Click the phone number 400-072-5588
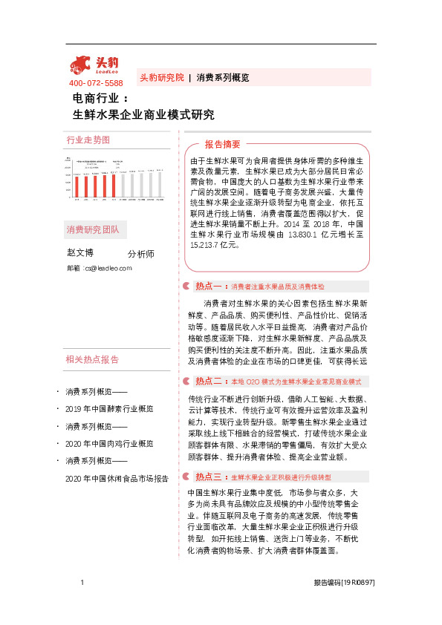pos(96,83)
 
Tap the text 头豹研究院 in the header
pos(161,77)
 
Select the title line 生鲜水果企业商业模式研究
pos(143,115)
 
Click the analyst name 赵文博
pos(80,253)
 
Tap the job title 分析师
pos(141,254)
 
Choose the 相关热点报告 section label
pos(92,360)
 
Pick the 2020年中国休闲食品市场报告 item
pos(116,479)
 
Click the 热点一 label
pos(209,286)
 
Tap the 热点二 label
pos(209,381)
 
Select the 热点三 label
pos(209,476)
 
